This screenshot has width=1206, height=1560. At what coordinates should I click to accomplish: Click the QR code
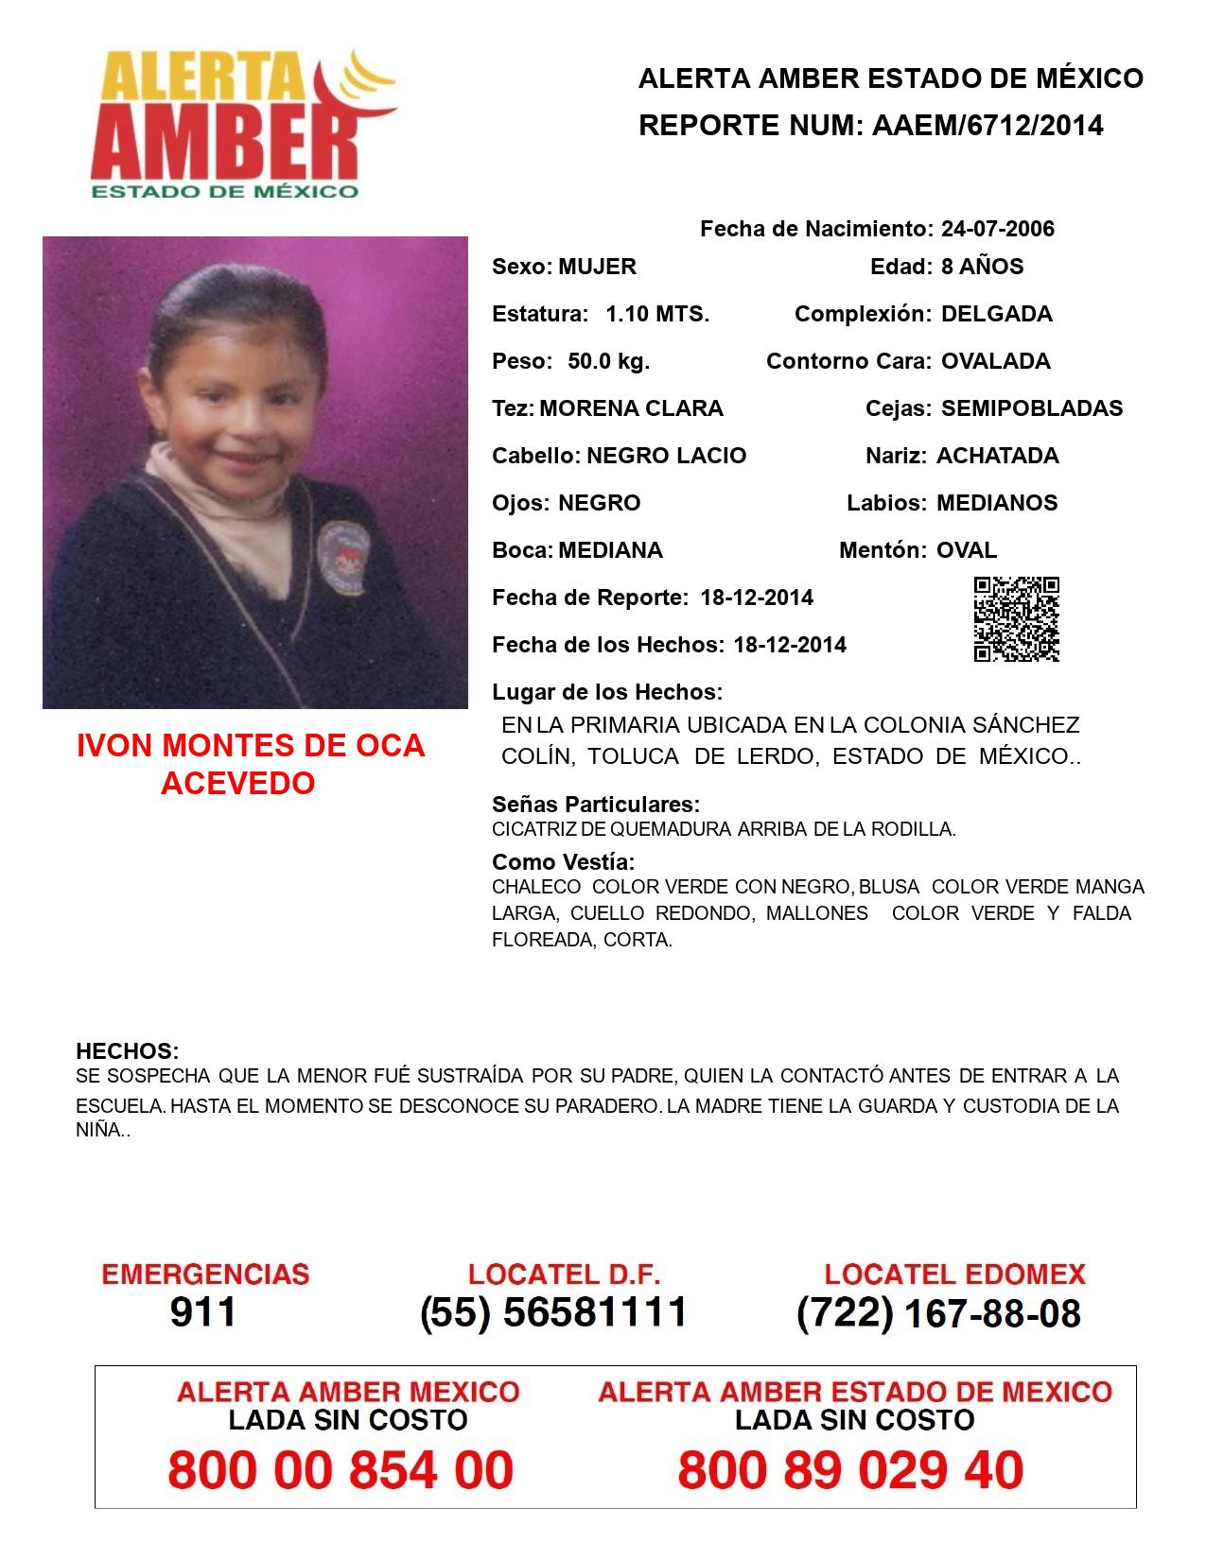point(1017,619)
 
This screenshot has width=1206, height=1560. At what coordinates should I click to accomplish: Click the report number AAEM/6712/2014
point(988,125)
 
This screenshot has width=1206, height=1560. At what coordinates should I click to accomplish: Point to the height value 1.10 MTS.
point(657,314)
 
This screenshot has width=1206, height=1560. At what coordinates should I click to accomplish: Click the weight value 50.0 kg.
point(608,361)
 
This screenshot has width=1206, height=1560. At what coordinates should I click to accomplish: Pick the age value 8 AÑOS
point(982,267)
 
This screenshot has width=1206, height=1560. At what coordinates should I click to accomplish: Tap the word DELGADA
point(996,314)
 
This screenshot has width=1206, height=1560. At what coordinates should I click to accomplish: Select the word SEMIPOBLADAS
point(1032,408)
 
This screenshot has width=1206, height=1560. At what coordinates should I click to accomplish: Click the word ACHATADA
point(997,456)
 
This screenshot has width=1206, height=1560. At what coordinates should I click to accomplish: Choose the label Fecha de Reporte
point(590,598)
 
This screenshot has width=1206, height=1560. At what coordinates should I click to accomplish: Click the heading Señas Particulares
point(596,805)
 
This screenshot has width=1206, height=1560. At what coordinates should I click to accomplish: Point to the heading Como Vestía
point(563,862)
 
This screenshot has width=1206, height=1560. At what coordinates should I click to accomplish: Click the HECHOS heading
point(127,1051)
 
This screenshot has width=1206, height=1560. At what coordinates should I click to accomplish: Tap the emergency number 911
point(203,1312)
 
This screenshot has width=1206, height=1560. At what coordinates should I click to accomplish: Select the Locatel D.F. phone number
point(553,1312)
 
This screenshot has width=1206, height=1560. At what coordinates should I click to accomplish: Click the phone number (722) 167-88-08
point(938,1313)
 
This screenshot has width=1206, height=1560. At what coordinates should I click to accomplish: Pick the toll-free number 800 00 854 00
point(341,1471)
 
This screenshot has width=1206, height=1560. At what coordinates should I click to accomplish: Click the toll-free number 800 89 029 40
point(850,1471)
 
